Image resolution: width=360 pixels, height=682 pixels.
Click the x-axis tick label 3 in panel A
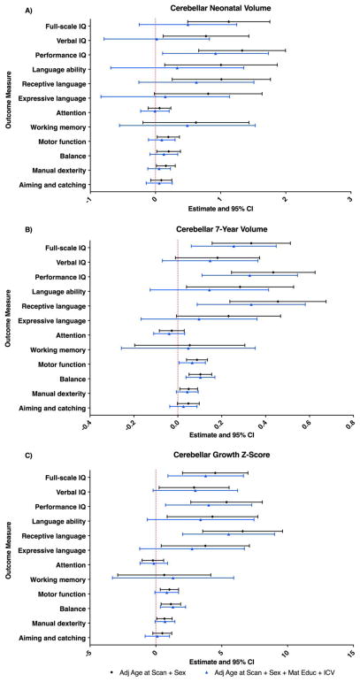pyautogui.click(x=350, y=200)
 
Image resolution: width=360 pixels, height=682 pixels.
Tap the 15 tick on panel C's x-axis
pyautogui.click(x=350, y=653)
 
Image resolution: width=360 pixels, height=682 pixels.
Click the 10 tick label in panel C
pyautogui.click(x=285, y=653)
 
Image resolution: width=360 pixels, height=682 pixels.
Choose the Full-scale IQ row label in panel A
pyautogui.click(x=61, y=23)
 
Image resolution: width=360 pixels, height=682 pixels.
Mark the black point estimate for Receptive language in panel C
pyautogui.click(x=242, y=532)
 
